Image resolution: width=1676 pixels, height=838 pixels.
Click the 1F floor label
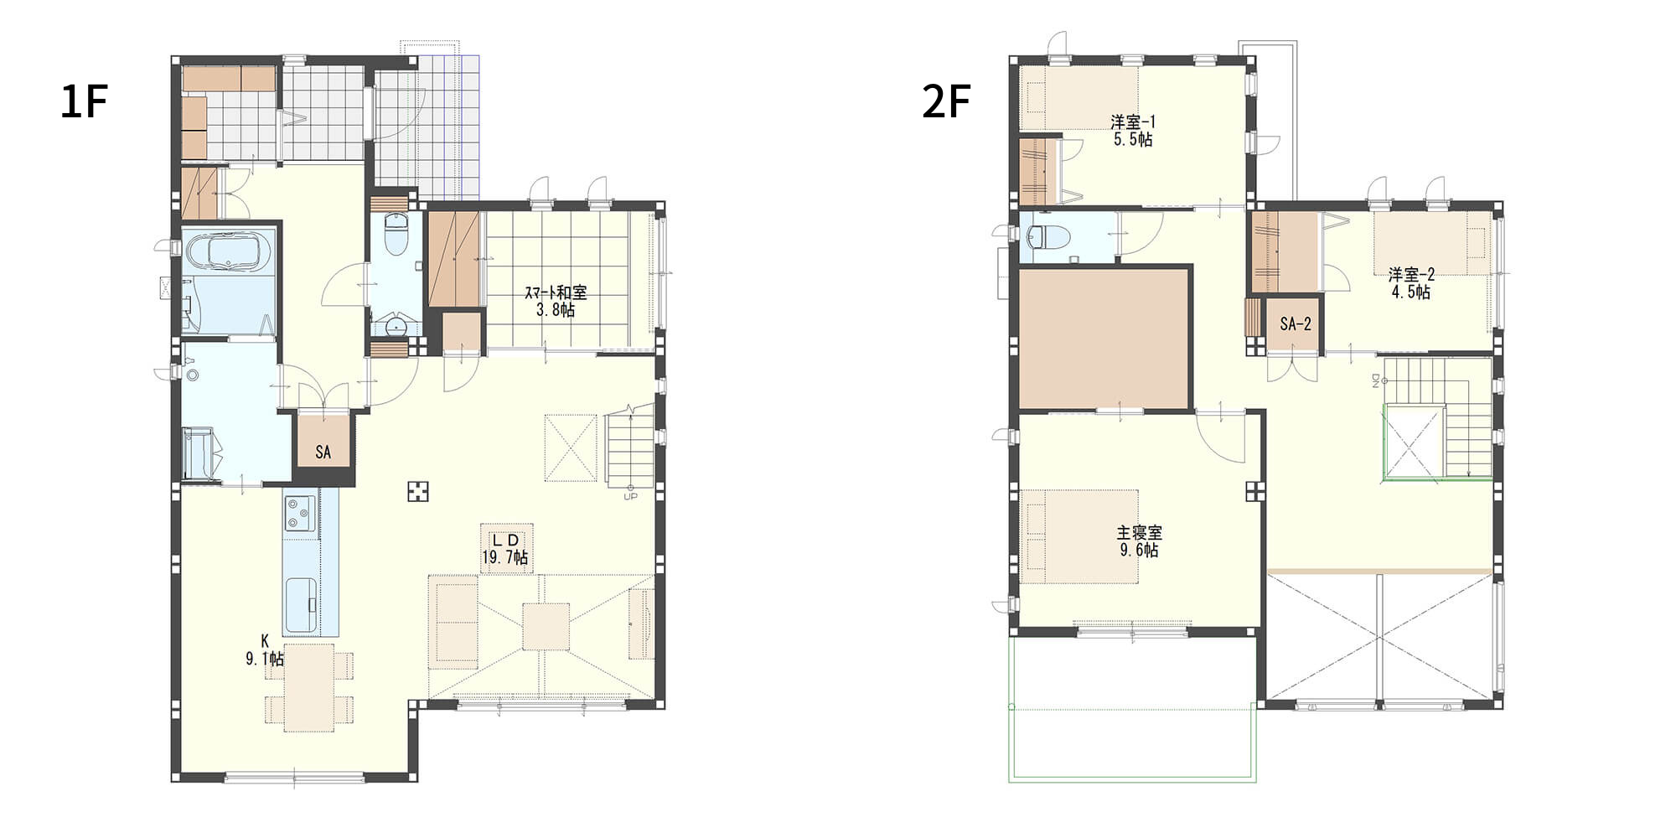pyautogui.click(x=84, y=102)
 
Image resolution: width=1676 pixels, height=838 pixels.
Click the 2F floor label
pyautogui.click(x=946, y=102)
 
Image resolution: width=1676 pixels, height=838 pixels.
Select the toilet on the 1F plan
pyautogui.click(x=395, y=235)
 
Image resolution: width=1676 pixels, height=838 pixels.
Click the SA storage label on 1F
pyautogui.click(x=323, y=453)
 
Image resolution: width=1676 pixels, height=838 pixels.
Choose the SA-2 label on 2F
pyautogui.click(x=1296, y=324)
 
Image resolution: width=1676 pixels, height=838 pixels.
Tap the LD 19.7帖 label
pyautogui.click(x=504, y=548)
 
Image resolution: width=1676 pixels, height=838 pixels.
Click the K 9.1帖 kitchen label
pyautogui.click(x=265, y=650)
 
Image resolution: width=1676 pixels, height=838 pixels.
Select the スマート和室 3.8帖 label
pyautogui.click(x=556, y=302)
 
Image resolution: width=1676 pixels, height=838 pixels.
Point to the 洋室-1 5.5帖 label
pyautogui.click(x=1133, y=131)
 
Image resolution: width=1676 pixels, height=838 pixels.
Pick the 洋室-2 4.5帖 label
pyautogui.click(x=1411, y=283)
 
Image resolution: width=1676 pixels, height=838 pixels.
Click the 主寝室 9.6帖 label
pyautogui.click(x=1140, y=541)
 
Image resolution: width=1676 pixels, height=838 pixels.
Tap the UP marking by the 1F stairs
pyautogui.click(x=630, y=496)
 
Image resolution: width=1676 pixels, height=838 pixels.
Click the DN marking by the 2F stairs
pyautogui.click(x=1375, y=381)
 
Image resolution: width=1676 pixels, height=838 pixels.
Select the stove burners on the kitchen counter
pyautogui.click(x=300, y=513)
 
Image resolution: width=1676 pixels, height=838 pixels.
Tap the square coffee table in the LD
pyautogui.click(x=546, y=626)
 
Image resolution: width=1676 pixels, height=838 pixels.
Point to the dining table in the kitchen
pyautogui.click(x=308, y=687)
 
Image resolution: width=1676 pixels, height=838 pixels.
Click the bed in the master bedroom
pyautogui.click(x=1081, y=536)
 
